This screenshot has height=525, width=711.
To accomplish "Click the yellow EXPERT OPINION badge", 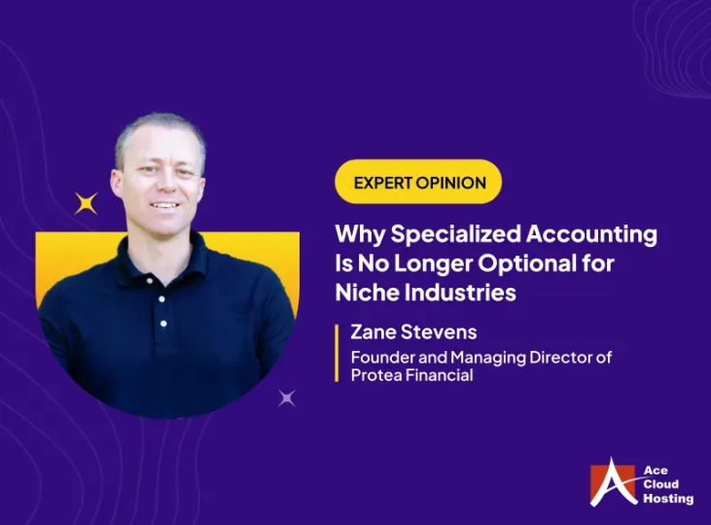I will tap(418, 182).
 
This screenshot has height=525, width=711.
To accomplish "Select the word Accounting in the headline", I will tap(600, 234).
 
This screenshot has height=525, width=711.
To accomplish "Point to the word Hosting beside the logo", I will tap(668, 499).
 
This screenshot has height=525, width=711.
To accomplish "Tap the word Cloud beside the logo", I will tap(661, 484).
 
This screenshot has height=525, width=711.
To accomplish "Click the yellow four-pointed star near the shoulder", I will tap(87, 203).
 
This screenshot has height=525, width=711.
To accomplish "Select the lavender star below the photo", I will tap(286, 397).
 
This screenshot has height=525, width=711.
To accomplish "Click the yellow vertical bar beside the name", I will tap(338, 352).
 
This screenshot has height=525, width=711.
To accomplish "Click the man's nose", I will tap(164, 182).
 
